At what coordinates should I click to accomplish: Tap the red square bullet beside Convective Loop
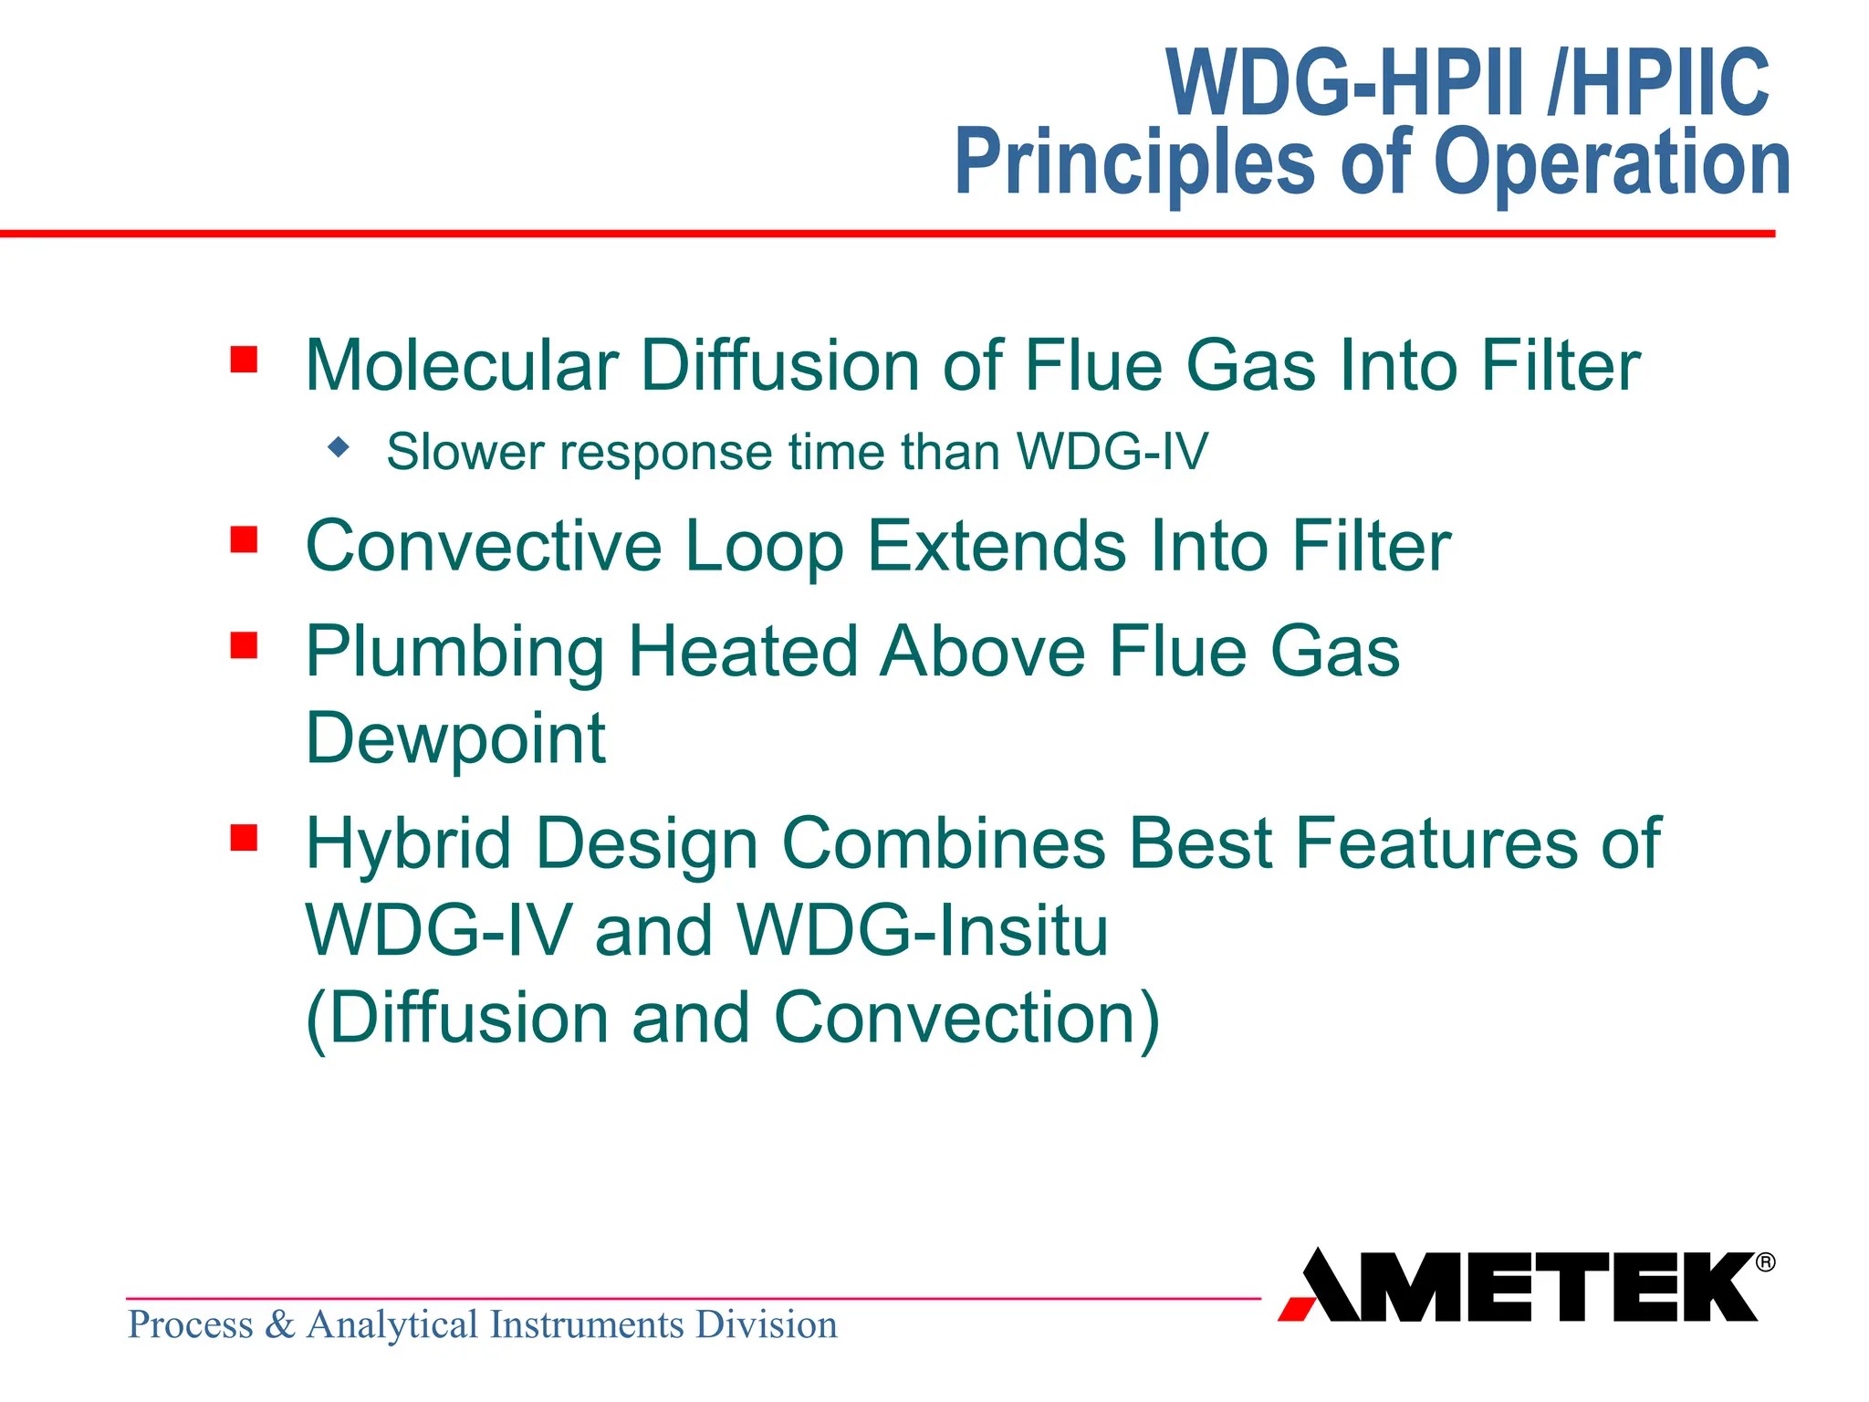tap(244, 539)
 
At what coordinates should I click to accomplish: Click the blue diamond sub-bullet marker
tap(339, 447)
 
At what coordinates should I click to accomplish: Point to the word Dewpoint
tap(455, 738)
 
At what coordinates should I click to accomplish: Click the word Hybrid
tap(408, 842)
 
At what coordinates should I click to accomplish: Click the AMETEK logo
tap(1519, 1286)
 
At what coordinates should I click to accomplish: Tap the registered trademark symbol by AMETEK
tap(1765, 1262)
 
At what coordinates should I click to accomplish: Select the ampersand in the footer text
tap(279, 1324)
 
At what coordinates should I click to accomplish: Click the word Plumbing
tap(454, 653)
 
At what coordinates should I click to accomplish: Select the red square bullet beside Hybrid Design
tap(244, 837)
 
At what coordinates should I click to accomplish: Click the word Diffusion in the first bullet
tap(780, 366)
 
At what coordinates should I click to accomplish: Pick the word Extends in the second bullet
tap(997, 546)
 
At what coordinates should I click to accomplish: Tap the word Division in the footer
tap(766, 1324)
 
